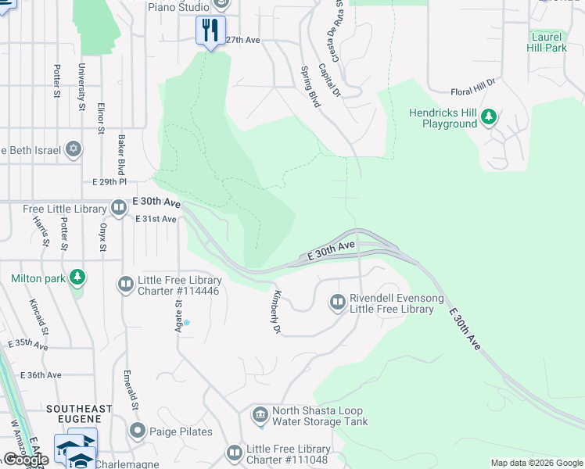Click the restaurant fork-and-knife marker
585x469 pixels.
point(210,30)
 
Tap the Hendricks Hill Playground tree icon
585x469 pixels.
point(489,117)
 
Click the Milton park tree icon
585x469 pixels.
point(77,277)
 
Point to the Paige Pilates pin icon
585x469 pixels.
point(138,431)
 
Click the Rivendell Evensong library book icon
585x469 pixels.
point(337,302)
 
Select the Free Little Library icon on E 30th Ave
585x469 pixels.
point(119,208)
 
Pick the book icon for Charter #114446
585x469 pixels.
point(126,284)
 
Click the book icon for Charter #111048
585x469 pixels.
point(234,453)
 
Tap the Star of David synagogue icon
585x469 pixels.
point(74,149)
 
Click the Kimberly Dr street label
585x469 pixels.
point(275,313)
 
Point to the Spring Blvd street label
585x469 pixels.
point(311,87)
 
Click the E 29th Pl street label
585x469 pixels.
point(109,181)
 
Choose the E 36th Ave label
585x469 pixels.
point(42,375)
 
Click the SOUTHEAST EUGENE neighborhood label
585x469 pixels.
point(79,409)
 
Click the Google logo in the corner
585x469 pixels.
point(25,460)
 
